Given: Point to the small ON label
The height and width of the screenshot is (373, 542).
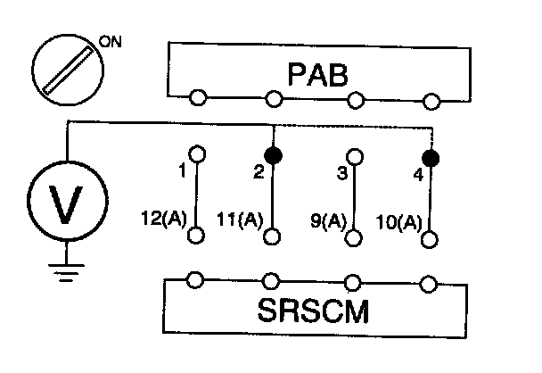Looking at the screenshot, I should [111, 40].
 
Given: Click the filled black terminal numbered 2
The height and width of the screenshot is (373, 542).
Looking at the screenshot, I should [275, 155].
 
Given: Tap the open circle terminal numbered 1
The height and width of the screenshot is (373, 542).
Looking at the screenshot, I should [197, 153].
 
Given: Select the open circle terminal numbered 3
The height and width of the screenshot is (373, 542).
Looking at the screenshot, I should [355, 157].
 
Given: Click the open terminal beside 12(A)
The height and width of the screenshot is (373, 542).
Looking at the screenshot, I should [197, 236].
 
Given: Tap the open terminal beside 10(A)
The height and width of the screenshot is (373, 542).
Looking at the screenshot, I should [432, 239].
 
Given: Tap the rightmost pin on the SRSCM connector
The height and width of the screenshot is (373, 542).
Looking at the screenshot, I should [431, 284].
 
